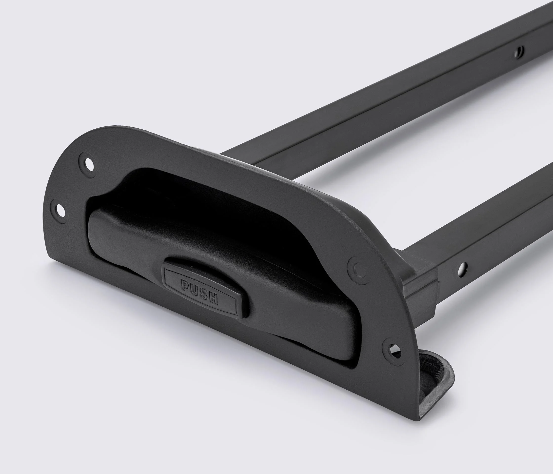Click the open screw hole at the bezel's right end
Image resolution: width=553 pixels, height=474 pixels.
tap(392, 349)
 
